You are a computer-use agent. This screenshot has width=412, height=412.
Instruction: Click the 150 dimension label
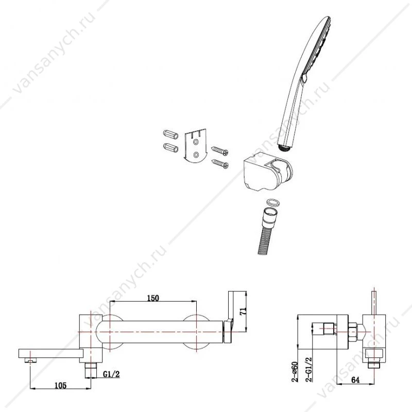click(x=153, y=298)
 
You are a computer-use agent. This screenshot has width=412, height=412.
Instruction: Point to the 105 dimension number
click(x=60, y=385)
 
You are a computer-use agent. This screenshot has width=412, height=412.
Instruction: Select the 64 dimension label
click(x=355, y=380)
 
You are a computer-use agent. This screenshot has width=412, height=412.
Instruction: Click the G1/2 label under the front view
click(x=111, y=374)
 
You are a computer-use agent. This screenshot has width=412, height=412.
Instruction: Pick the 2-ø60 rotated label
click(x=296, y=372)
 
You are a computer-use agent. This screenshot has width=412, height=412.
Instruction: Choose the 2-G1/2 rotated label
click(x=310, y=369)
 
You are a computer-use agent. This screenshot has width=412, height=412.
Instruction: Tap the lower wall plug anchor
click(x=170, y=147)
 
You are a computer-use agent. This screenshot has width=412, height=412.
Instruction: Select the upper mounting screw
click(x=220, y=150)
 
